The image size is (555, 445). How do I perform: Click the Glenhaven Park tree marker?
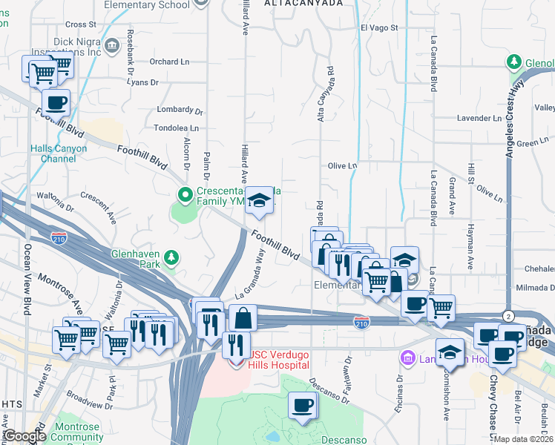pos(172,257)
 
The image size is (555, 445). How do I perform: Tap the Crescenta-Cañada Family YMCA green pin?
pos(185,196)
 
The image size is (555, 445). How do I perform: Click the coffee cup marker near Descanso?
pos(302,406)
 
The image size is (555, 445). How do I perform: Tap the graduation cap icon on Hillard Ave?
pos(259,200)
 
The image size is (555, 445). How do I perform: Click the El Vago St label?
pos(379,27)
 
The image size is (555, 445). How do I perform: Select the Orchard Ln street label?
pos(171,62)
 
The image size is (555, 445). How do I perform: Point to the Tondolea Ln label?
pos(176,128)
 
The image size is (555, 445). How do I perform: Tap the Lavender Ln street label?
pos(479,118)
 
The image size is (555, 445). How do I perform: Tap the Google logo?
pos(25,436)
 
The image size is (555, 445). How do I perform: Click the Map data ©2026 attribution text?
pos(524,438)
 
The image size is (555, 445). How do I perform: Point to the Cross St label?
pos(81,24)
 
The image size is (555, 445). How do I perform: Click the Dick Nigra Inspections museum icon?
pos(111,46)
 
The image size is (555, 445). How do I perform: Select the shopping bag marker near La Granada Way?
pos(243,318)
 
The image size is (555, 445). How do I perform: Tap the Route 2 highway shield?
pos(508,314)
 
